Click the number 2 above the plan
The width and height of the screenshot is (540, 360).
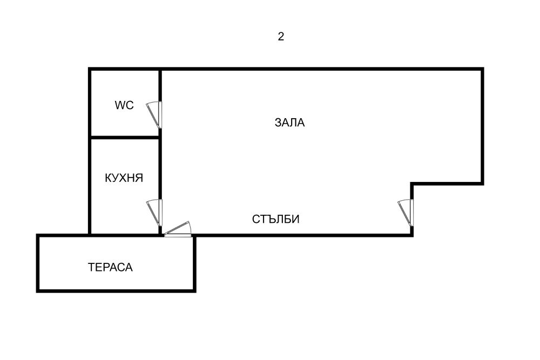click(281, 37)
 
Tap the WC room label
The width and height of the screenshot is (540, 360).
click(124, 105)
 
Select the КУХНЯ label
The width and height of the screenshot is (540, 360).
click(124, 178)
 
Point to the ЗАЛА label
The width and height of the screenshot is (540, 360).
click(289, 123)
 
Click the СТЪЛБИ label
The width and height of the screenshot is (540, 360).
click(275, 219)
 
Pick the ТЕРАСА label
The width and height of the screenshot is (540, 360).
click(110, 267)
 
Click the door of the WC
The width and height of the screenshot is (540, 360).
click(154, 115)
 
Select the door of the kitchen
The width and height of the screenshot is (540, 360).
click(154, 213)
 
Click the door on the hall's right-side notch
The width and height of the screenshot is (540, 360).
click(406, 213)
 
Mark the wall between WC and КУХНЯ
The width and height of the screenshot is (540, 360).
click(125, 138)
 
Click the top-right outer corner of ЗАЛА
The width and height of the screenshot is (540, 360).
click(484, 67)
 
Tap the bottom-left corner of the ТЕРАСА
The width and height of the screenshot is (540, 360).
click(36, 293)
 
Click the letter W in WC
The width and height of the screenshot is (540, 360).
click(119, 105)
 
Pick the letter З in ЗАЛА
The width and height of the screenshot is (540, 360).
click(278, 123)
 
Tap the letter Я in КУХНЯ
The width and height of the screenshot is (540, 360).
click(139, 178)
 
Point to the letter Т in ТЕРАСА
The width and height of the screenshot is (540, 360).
click(91, 267)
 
